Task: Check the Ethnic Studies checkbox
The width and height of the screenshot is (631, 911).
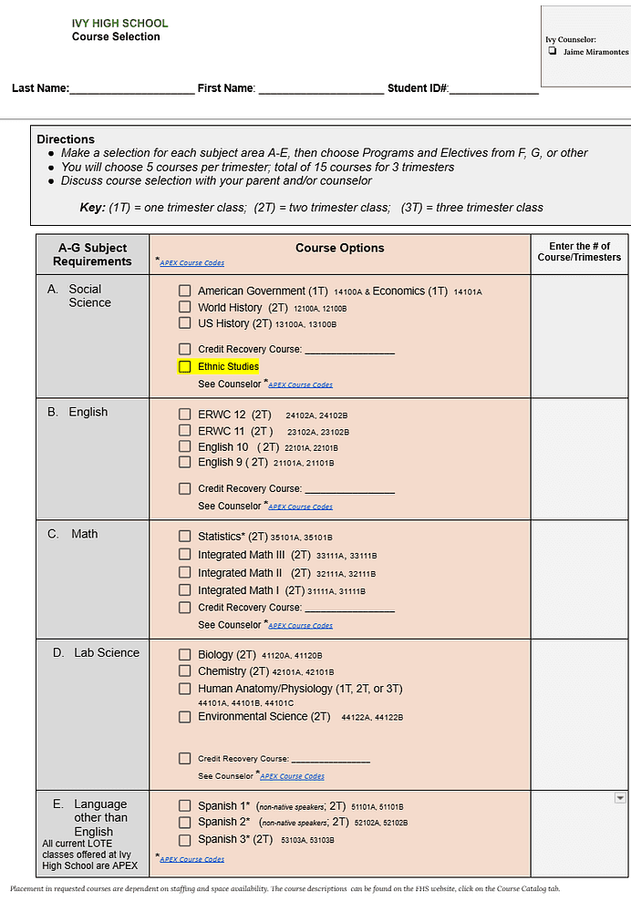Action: (185, 367)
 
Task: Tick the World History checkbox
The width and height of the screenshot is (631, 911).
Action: (185, 308)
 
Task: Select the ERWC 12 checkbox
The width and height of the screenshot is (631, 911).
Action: (185, 415)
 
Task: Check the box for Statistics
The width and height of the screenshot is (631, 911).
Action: (185, 537)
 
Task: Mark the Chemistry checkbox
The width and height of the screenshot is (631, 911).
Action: (185, 671)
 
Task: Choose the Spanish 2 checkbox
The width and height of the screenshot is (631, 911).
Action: (185, 823)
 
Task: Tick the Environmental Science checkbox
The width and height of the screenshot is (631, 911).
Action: (185, 717)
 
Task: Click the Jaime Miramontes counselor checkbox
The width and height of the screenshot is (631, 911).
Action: (553, 52)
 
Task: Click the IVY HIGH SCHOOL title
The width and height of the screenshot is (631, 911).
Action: (119, 24)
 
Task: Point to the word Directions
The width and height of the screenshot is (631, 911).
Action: (66, 139)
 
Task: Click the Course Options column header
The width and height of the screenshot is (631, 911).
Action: (339, 248)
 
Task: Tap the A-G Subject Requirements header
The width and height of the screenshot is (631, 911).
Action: (92, 254)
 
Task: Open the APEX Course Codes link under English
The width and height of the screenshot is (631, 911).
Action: (300, 507)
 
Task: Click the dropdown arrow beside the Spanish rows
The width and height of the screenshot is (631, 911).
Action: (620, 798)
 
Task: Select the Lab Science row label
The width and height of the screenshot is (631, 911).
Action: (107, 653)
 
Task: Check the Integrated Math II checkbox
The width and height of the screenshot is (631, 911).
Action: (185, 573)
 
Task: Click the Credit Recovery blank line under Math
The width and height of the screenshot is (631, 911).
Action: (349, 609)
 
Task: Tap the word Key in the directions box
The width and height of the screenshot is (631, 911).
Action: (92, 208)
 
